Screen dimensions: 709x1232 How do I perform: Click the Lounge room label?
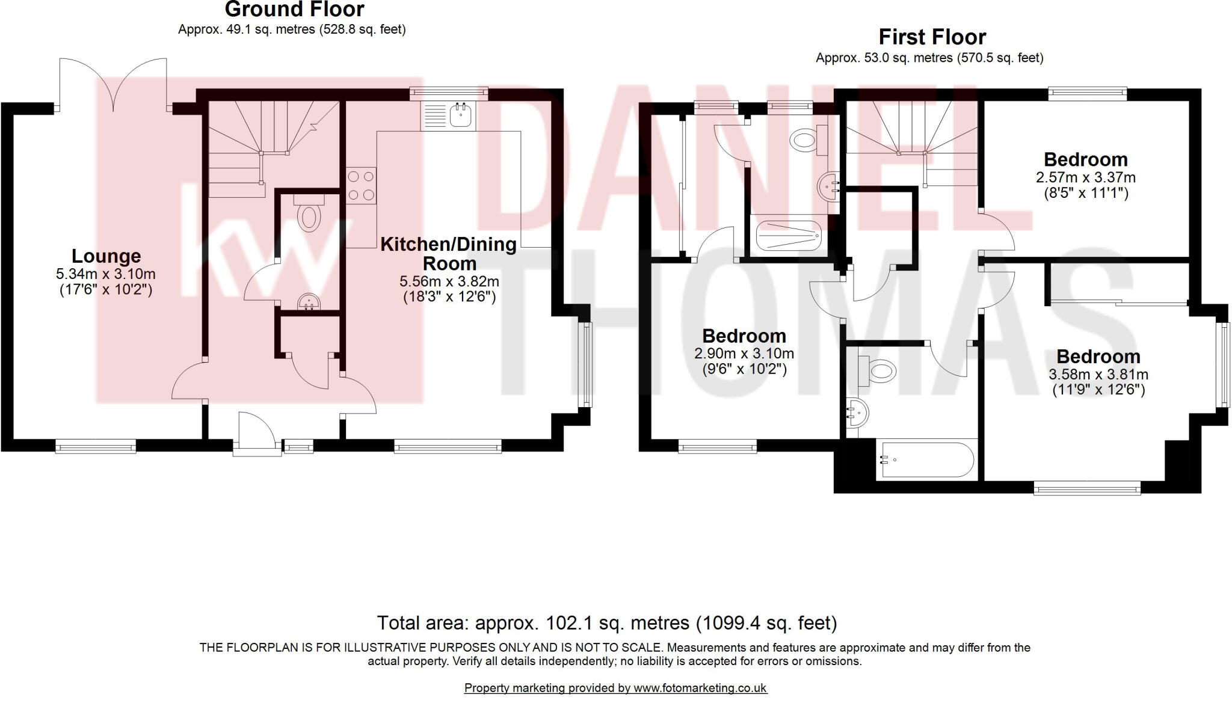(x=106, y=256)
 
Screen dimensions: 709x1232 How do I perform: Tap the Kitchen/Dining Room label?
(x=449, y=254)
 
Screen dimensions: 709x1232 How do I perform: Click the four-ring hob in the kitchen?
(x=361, y=186)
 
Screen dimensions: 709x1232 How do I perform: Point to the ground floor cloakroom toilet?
(x=309, y=216)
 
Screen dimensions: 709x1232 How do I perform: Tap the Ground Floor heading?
(x=294, y=10)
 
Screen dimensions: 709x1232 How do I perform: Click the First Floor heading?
(x=932, y=37)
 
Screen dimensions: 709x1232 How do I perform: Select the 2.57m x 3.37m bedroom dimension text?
(x=1085, y=177)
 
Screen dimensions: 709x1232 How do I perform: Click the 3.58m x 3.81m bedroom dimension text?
(x=1098, y=374)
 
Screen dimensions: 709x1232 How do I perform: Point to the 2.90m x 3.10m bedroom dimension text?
(x=744, y=354)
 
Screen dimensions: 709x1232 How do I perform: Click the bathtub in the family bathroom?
(x=925, y=461)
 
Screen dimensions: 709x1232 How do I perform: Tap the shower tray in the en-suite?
(x=788, y=235)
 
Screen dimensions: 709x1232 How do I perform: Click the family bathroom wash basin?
(x=858, y=413)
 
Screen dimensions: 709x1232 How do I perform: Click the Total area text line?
(x=606, y=622)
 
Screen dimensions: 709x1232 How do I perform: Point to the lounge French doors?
(x=113, y=84)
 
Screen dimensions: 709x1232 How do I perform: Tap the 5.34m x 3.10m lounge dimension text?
(x=106, y=274)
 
